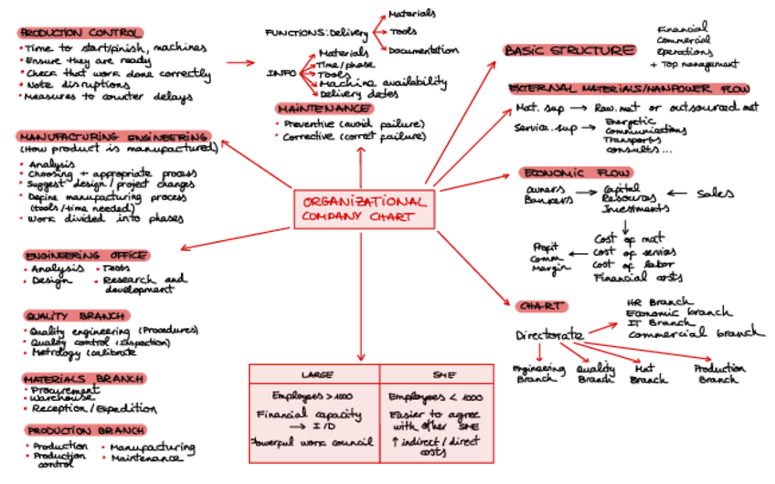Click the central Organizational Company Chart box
click(364, 209)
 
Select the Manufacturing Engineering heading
click(114, 136)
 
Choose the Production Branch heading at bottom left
click(84, 430)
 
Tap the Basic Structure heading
click(568, 50)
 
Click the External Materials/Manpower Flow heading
click(630, 89)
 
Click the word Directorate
click(548, 333)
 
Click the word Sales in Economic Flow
click(716, 194)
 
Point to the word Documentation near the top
click(422, 50)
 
